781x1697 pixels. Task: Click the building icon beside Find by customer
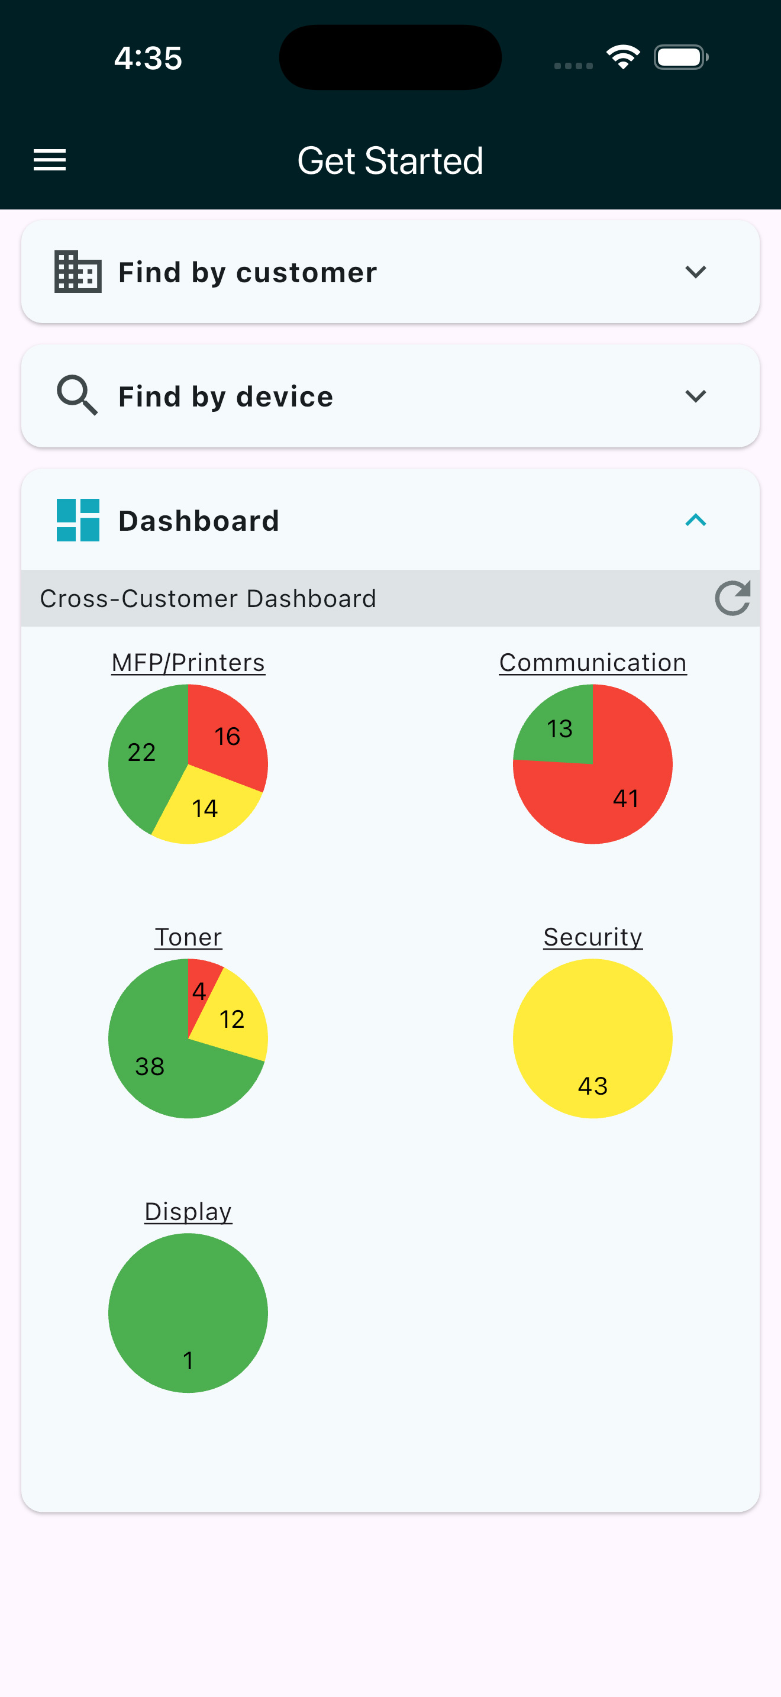78,272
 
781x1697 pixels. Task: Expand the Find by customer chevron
695,272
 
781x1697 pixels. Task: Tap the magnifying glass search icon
77,395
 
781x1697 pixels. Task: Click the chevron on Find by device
695,396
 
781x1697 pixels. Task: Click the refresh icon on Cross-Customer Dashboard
732,598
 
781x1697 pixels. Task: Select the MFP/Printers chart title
188,663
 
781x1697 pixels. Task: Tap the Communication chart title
593,663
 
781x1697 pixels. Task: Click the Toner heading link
188,937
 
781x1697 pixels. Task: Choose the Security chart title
593,937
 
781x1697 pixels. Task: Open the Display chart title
188,1212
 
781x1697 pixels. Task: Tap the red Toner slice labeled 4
199,990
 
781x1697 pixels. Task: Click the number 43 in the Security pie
593,1086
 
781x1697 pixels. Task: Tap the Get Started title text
390,161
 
